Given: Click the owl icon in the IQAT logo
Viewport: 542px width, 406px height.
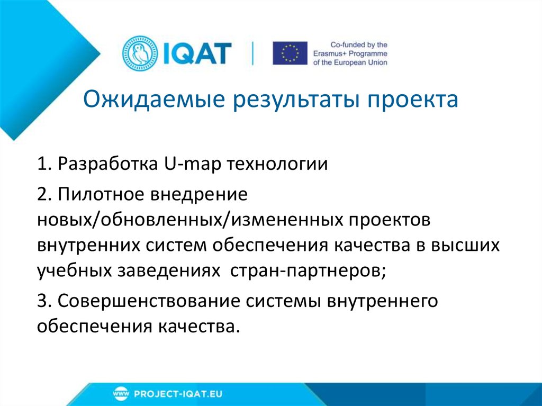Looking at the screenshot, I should click(x=139, y=53).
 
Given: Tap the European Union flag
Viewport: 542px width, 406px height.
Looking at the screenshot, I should click(x=290, y=53).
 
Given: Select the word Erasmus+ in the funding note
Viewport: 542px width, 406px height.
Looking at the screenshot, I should click(x=344, y=53).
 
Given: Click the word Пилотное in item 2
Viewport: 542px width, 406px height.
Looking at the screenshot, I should click(x=101, y=194).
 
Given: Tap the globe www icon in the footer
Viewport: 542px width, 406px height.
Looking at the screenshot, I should click(x=121, y=394).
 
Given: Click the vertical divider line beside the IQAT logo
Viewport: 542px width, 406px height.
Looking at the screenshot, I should click(x=252, y=53).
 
